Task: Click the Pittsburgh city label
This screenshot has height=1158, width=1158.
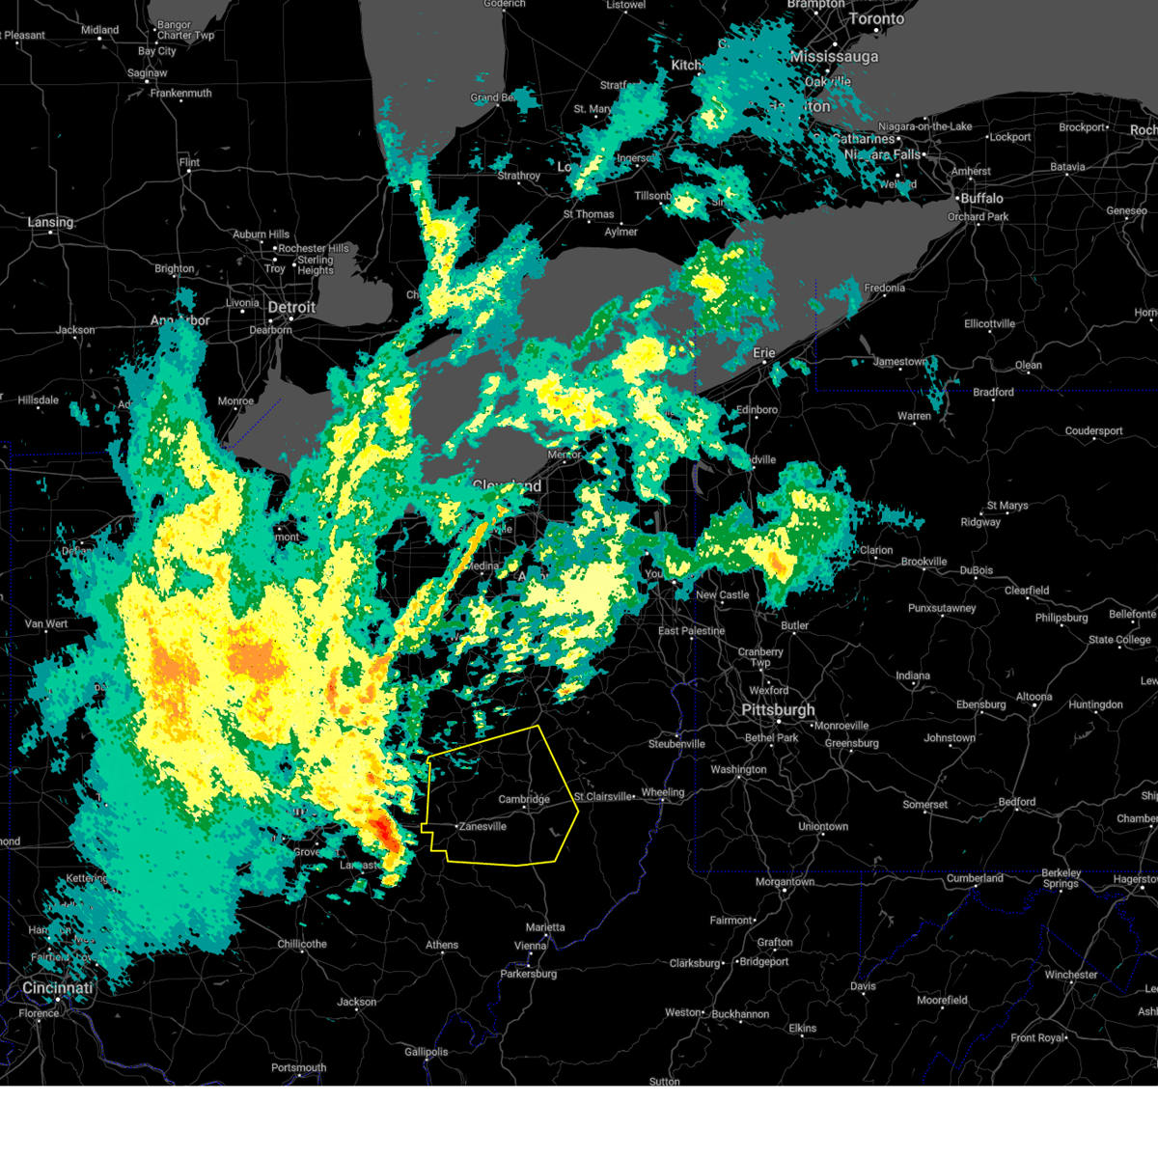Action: pos(778,710)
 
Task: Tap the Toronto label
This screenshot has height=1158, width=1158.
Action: pos(876,19)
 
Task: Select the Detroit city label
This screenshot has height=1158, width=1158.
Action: pos(291,308)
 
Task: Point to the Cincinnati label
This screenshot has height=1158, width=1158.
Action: pos(58,988)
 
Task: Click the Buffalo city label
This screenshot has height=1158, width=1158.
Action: pos(981,198)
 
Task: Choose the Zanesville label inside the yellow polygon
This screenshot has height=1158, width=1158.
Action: pos(482,826)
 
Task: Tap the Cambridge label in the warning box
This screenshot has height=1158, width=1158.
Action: pos(524,799)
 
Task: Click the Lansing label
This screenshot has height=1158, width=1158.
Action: pos(50,222)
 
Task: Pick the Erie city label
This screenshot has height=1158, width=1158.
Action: pos(764,353)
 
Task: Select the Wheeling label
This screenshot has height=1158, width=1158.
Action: pos(663,792)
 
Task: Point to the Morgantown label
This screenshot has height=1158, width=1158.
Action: pos(785,882)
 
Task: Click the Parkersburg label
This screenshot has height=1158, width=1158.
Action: pos(529,974)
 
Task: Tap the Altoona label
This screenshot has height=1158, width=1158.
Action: pos(1034,697)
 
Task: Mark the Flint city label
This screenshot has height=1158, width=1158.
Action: pos(189,162)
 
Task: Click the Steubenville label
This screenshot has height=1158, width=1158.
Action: pos(676,744)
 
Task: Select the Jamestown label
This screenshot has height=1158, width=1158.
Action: pos(900,362)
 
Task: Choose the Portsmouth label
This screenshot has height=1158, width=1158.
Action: pos(299,1067)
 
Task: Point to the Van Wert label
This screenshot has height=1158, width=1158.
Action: pos(46,623)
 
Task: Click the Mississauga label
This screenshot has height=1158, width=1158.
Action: pos(834,57)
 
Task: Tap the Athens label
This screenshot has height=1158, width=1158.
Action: pos(442,945)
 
